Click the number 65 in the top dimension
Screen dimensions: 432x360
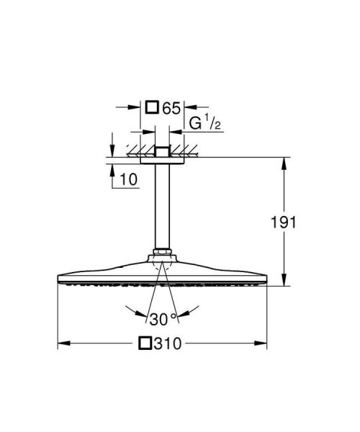pos(171,109)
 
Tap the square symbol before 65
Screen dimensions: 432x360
pos(152,109)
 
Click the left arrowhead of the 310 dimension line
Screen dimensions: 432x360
pos(60,343)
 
